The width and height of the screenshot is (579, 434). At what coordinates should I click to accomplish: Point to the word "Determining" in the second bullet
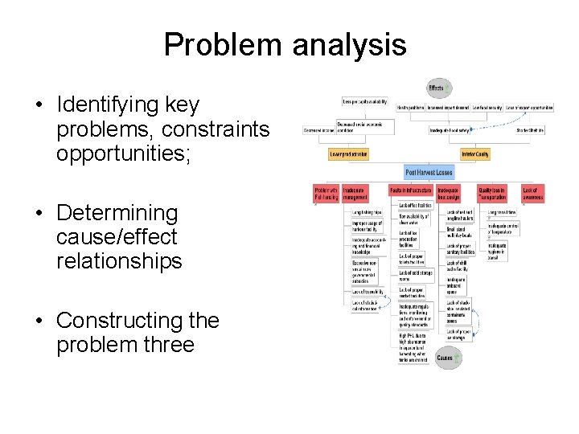(117, 214)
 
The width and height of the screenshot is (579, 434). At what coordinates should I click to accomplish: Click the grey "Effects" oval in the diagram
(437, 88)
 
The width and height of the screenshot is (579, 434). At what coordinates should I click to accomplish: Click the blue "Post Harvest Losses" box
(429, 172)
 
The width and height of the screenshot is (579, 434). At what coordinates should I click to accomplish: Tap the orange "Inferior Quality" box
(474, 154)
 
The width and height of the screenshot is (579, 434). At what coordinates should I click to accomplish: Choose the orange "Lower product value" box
(348, 154)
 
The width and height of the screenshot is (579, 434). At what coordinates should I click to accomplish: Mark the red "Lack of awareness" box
(532, 193)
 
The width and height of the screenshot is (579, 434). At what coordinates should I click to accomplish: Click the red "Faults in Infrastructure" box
(409, 190)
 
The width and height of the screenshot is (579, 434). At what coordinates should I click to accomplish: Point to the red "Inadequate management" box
(355, 193)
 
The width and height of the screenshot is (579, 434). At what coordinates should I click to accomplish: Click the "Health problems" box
(410, 107)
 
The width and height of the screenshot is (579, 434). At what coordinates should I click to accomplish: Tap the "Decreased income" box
(318, 129)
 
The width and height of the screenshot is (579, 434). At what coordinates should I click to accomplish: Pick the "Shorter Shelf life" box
(532, 129)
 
